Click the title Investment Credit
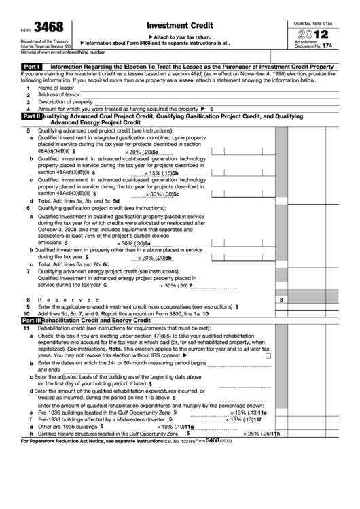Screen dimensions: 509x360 click(174, 24)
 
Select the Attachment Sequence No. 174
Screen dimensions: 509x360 click(313, 43)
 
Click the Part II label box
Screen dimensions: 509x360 click(31, 116)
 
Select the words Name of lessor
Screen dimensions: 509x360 click(56, 88)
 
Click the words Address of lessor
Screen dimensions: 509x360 click(58, 95)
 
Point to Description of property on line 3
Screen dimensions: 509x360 click(65, 102)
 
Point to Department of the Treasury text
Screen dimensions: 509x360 click(29, 41)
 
